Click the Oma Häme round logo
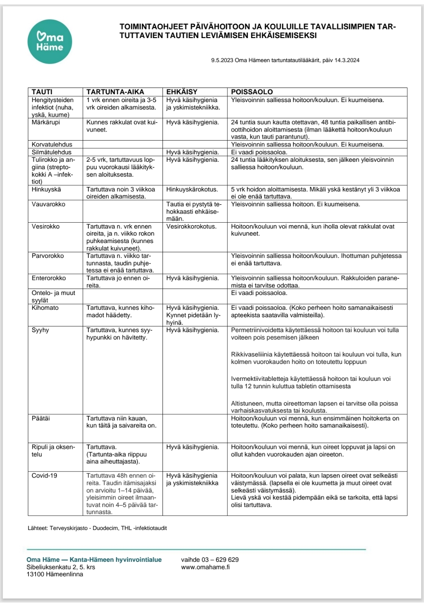click(50, 42)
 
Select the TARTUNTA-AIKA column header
click(115, 92)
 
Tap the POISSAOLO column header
click(252, 92)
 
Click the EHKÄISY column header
click(182, 92)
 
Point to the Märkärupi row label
click(46, 122)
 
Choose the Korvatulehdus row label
click(52, 144)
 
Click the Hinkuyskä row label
click(46, 189)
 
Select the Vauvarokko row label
click(48, 204)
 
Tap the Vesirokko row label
click(46, 227)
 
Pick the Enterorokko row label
click(49, 278)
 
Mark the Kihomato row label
click(45, 308)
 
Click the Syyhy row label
click(40, 330)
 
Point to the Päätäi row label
click(41, 419)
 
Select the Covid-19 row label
click(44, 476)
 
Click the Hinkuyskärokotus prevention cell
click(192, 189)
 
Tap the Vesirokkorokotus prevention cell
click(191, 227)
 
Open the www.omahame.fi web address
click(205, 567)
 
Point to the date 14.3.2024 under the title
click(347, 60)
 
